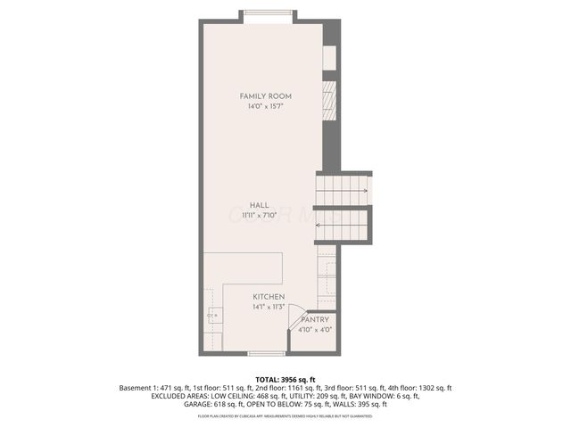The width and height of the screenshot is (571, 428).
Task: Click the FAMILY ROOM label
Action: pos(266,96)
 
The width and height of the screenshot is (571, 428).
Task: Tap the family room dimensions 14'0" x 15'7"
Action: pos(266,107)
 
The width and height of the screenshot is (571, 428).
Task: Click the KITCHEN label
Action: pos(269,297)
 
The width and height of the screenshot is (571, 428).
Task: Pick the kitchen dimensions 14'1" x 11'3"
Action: pos(269,307)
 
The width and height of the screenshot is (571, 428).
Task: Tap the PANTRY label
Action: pos(315,319)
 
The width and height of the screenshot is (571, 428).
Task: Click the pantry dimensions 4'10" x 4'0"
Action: pos(315,329)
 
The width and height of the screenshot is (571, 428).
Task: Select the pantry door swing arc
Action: pos(295,322)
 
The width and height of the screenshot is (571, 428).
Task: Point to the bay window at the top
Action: pos(267,12)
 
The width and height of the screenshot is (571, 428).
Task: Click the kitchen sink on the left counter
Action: pos(211,315)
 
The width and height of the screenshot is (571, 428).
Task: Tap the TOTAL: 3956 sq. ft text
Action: pos(285,380)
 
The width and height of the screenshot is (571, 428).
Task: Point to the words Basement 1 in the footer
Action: pos(138,388)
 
